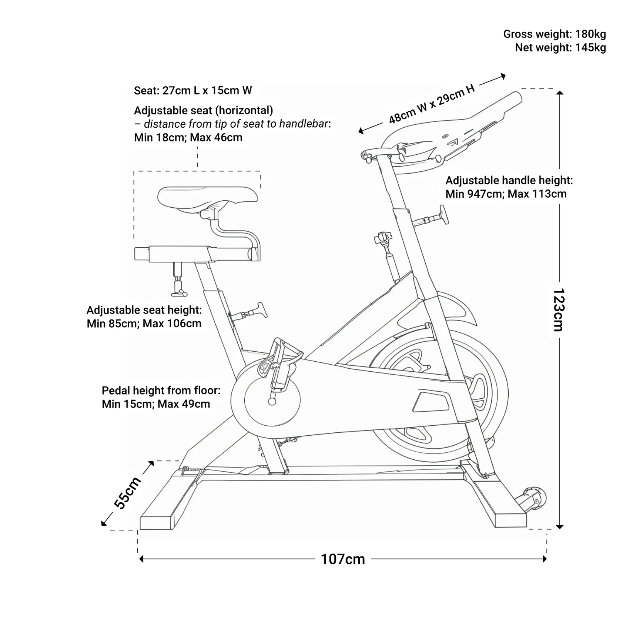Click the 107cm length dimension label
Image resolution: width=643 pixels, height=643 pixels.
(342, 559)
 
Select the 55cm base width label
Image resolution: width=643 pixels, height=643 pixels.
(127, 493)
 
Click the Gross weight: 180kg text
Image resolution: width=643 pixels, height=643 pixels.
(554, 34)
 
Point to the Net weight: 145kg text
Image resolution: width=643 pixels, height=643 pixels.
(560, 47)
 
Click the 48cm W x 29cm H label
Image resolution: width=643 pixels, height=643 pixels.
(431, 104)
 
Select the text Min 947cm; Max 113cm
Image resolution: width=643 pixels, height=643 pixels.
(506, 194)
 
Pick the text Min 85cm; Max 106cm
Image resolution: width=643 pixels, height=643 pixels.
(144, 323)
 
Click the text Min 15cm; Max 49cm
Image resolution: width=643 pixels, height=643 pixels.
(156, 403)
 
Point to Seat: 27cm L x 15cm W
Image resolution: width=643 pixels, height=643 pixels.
(193, 90)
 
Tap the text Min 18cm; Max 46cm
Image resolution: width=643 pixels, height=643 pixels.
(188, 137)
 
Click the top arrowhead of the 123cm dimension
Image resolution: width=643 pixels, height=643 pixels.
(559, 93)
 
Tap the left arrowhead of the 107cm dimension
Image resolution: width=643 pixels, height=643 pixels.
(141, 559)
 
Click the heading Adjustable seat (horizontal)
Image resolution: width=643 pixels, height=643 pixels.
(203, 110)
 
